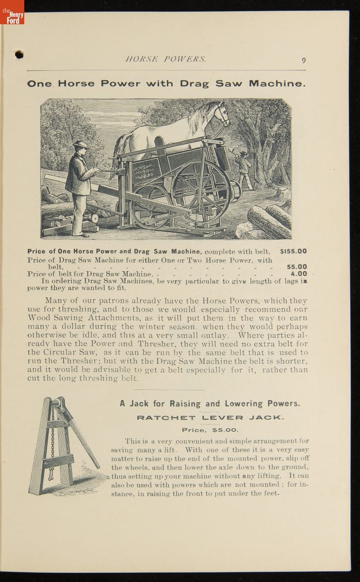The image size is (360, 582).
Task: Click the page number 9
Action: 303,60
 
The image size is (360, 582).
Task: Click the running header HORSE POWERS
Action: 165,60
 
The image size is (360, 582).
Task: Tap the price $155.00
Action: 293,251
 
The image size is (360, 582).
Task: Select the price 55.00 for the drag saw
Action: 296,267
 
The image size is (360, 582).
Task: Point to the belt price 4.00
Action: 298,274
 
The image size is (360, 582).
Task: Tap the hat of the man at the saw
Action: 80,145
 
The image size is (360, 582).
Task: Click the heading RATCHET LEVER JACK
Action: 210,418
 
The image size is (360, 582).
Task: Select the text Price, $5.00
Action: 210,430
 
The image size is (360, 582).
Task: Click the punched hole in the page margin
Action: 19,54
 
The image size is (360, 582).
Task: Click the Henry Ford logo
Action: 12,13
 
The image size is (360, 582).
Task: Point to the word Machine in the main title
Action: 277,83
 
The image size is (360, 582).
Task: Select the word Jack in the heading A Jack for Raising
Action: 139,404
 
